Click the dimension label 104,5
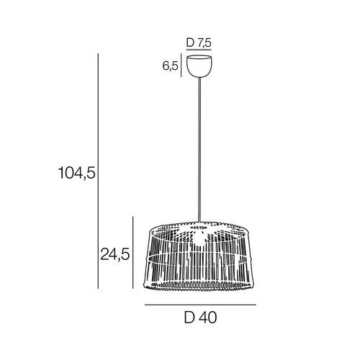pos(77,173)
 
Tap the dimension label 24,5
pos(115,254)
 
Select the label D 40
pos(200,318)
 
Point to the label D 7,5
pos(199,42)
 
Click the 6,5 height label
pos(171,66)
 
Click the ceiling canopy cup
pos(199,66)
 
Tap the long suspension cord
pos(199,150)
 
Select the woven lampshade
pos(199,256)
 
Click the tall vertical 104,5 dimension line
pos(98,171)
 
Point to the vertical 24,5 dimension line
pos(133,253)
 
